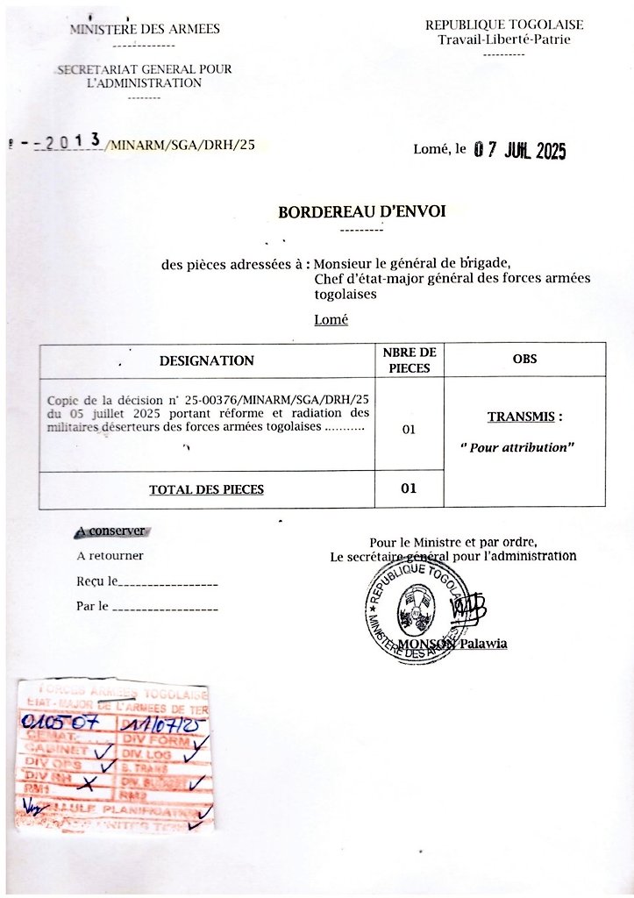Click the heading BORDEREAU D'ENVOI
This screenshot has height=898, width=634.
click(361, 212)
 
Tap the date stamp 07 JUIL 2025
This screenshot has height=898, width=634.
click(520, 151)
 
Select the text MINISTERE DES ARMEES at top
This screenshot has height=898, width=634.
click(145, 29)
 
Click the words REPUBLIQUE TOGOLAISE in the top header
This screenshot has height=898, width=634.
click(504, 25)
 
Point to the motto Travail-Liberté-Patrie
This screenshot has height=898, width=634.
click(504, 39)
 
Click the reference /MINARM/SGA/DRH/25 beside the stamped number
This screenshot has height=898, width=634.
click(180, 146)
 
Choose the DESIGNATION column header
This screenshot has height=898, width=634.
click(207, 360)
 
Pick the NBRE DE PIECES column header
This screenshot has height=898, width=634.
click(409, 360)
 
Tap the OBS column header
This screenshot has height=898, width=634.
click(524, 360)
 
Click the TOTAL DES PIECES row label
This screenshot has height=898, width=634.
click(206, 489)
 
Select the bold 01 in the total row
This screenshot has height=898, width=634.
click(409, 488)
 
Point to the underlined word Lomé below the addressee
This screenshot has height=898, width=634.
click(331, 320)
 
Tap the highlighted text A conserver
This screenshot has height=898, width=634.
click(110, 531)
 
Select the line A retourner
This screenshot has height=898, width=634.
click(110, 555)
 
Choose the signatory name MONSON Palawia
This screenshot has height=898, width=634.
click(453, 645)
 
